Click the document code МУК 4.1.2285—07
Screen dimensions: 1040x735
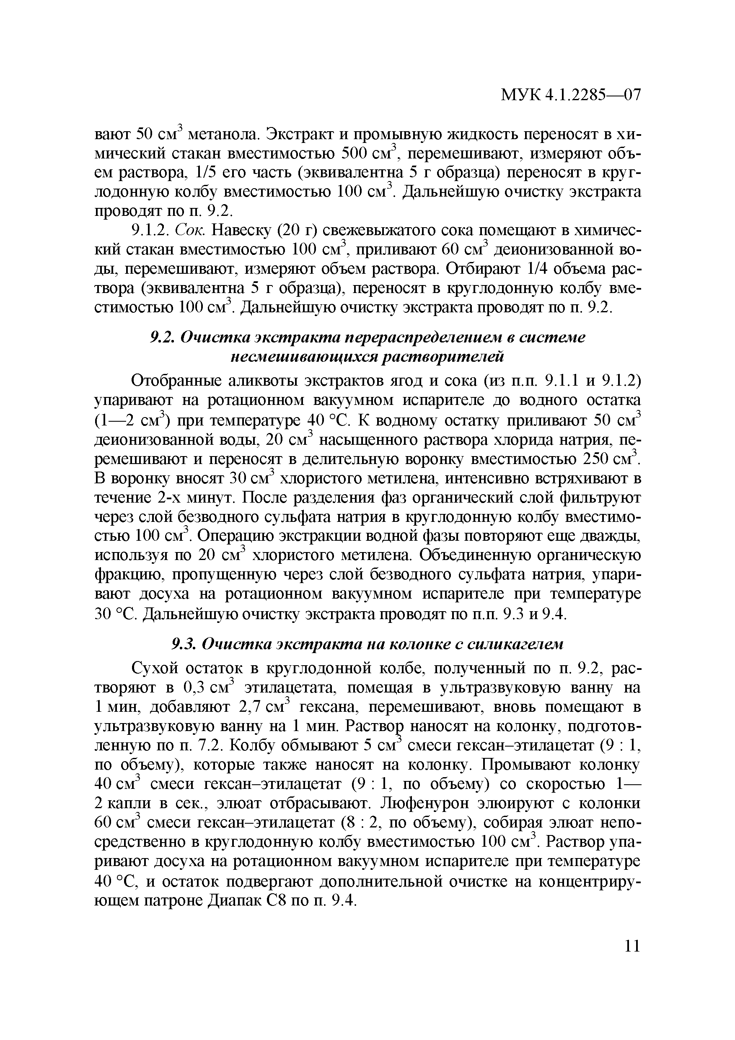tap(571, 95)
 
